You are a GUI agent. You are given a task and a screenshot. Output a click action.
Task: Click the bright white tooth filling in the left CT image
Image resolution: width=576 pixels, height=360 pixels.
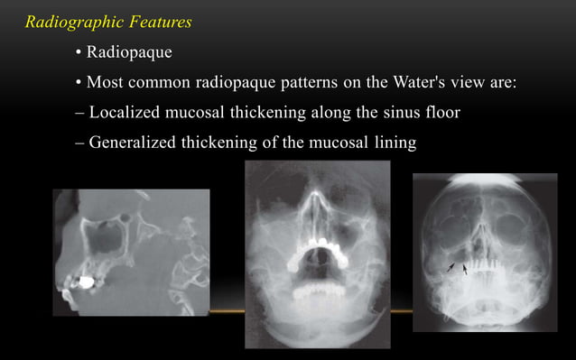[88, 282]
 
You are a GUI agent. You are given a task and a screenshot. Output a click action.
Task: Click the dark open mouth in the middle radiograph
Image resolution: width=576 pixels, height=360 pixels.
[315, 271]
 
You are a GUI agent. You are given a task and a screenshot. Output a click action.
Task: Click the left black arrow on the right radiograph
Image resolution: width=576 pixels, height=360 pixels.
[451, 266]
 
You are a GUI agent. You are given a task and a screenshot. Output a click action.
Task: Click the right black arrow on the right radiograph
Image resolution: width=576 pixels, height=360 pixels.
[465, 268]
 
